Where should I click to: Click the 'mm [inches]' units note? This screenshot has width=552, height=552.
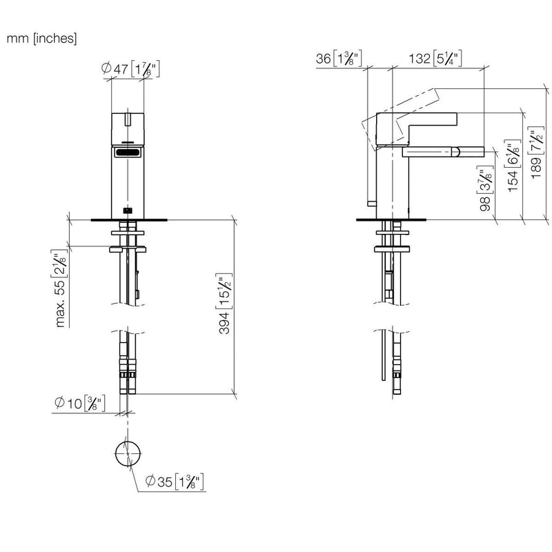(41, 38)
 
